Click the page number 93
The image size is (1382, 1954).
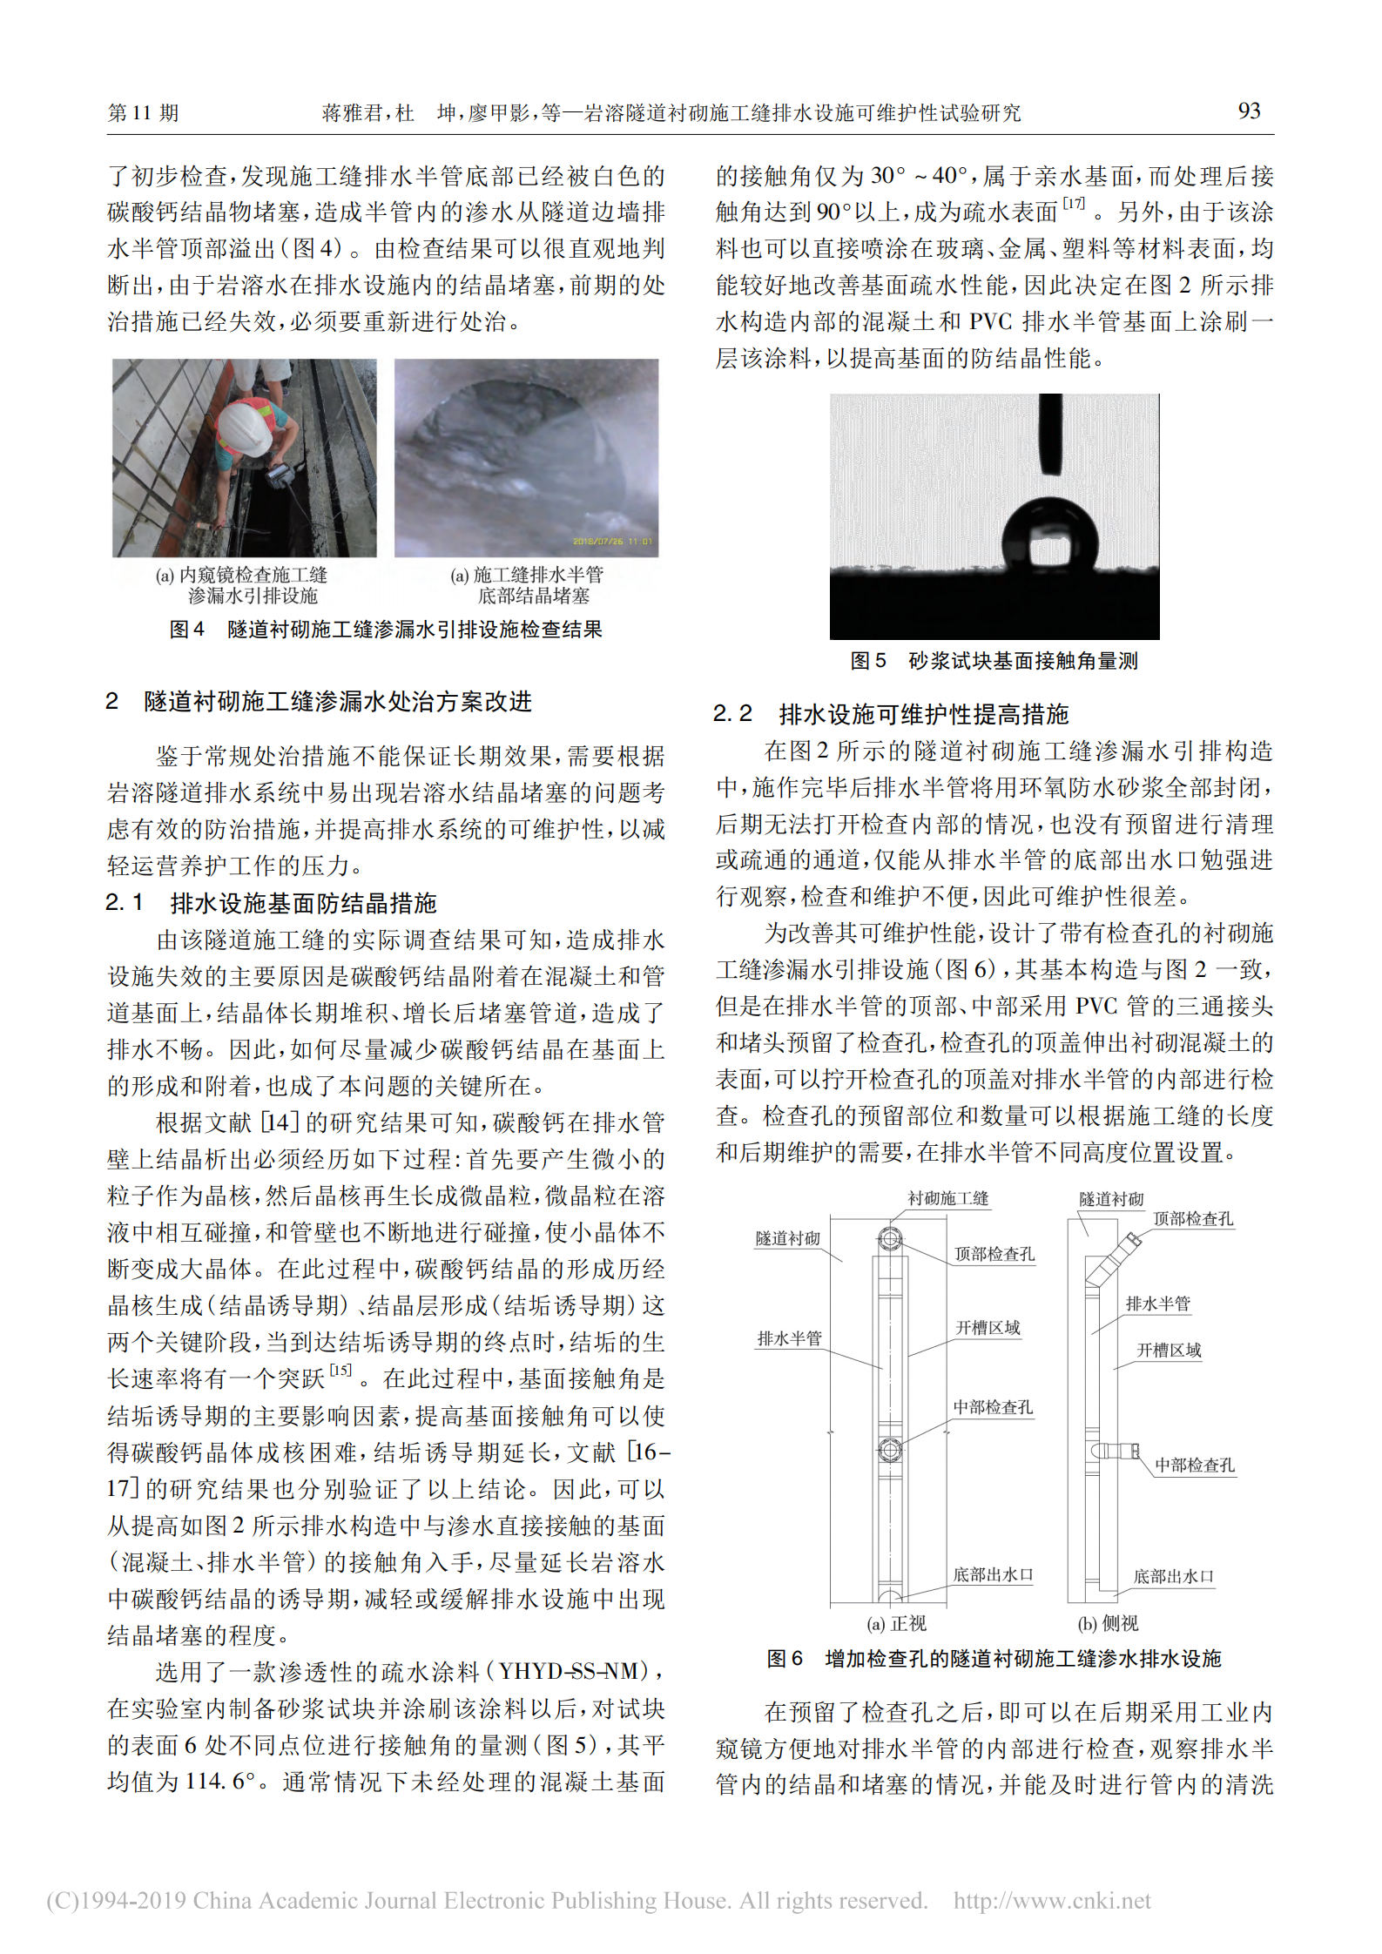point(1249,111)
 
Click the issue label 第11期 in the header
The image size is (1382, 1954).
point(143,112)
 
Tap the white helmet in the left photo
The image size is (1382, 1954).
point(245,428)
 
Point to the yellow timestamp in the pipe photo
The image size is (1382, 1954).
point(612,542)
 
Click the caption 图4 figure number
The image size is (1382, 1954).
point(186,630)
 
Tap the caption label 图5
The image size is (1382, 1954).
point(867,661)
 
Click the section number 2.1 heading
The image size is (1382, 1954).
point(124,903)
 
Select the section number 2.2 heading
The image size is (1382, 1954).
point(732,714)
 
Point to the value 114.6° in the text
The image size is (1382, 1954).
point(221,1781)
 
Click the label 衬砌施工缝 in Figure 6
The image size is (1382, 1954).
point(948,1198)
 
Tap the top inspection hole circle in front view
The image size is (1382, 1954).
point(889,1238)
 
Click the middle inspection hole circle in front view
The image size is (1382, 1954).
point(889,1450)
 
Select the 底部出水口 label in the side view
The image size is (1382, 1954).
point(1173,1576)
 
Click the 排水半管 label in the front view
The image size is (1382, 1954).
point(789,1338)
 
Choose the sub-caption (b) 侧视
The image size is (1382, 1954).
point(1108,1623)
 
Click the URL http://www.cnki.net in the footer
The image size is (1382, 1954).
point(1052,1900)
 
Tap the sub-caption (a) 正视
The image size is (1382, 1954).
point(896,1623)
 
